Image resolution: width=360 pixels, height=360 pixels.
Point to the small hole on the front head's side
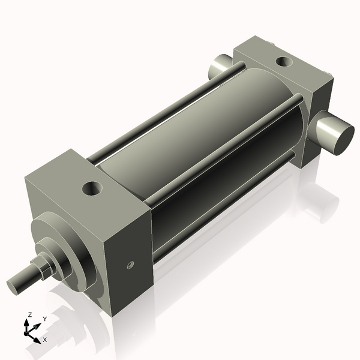tap(130, 265)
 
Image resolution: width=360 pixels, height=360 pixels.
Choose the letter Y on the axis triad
tap(44, 319)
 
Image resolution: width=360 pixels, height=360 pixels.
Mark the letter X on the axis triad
tap(44, 340)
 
